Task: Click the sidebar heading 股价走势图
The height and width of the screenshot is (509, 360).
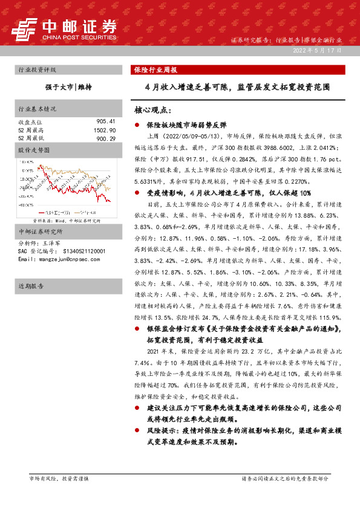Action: pyautogui.click(x=31, y=149)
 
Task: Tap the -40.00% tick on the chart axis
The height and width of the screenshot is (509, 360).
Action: pyautogui.click(x=26, y=205)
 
